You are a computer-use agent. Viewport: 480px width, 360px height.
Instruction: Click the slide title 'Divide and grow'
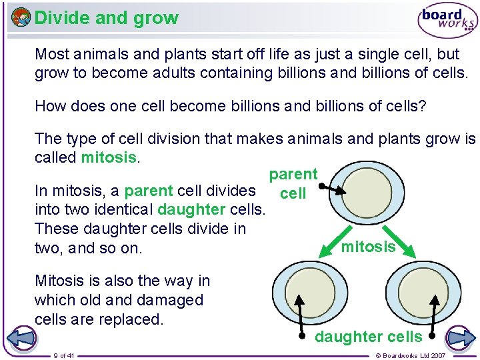pyautogui.click(x=107, y=18)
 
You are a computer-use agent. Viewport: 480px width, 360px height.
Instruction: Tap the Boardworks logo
pyautogui.click(x=447, y=19)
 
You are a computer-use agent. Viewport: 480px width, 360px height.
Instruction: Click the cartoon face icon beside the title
pyautogui.click(x=21, y=17)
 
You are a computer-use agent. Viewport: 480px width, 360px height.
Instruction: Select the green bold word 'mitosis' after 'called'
pyautogui.click(x=109, y=158)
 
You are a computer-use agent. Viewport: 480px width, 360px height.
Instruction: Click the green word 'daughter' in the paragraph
pyautogui.click(x=191, y=209)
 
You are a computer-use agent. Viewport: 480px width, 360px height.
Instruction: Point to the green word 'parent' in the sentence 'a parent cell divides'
pyautogui.click(x=148, y=191)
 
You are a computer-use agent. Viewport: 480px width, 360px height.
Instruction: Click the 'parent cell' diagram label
pyautogui.click(x=293, y=184)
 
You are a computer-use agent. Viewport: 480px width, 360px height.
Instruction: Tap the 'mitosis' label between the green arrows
pyautogui.click(x=368, y=247)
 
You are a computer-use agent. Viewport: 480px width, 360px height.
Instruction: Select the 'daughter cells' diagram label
pyautogui.click(x=368, y=337)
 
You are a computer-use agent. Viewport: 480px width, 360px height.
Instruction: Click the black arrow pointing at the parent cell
pyautogui.click(x=333, y=190)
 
